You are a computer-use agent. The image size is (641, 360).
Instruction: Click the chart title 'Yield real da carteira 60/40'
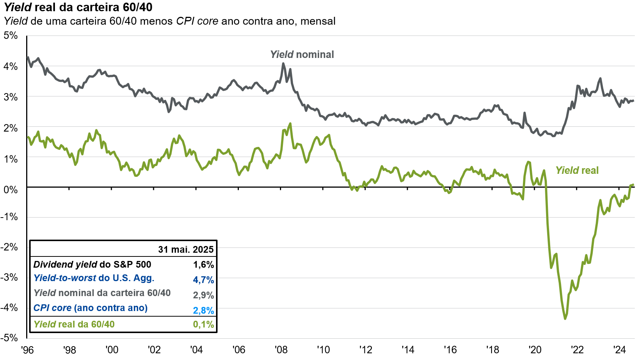tap(78, 7)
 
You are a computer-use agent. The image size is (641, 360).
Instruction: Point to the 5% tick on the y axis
tap(10, 36)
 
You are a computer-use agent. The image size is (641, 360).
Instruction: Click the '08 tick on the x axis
tap(281, 350)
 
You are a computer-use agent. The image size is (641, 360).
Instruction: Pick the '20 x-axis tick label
tap(534, 350)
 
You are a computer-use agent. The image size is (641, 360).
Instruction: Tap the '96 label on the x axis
tap(27, 350)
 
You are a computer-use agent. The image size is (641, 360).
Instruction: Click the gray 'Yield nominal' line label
tap(302, 55)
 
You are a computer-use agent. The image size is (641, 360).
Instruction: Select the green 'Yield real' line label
tap(577, 170)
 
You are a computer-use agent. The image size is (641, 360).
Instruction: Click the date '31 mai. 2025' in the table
tap(186, 249)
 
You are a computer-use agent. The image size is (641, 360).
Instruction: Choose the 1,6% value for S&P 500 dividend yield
tap(203, 265)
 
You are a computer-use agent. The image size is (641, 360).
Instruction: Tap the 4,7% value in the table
tap(203, 280)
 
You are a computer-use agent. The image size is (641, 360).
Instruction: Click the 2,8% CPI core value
tap(203, 310)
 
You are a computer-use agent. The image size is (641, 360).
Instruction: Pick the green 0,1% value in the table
tap(203, 324)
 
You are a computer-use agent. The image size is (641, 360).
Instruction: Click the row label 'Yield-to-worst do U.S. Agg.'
tap(94, 278)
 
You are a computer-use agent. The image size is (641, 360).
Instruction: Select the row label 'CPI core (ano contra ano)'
tap(90, 308)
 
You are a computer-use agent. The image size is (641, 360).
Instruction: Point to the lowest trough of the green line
tap(565, 319)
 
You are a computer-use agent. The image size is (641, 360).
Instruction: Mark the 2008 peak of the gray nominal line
tap(283, 64)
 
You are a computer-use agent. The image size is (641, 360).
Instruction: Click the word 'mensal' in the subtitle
tap(318, 21)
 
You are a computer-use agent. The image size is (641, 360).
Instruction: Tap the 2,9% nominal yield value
tap(203, 295)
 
